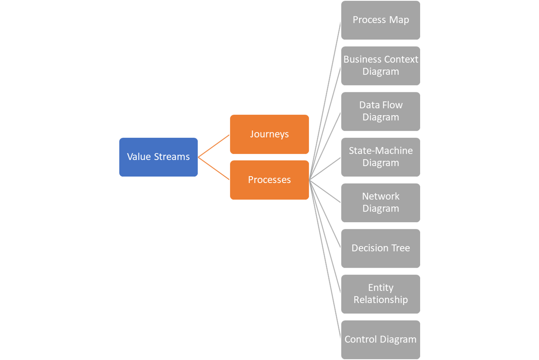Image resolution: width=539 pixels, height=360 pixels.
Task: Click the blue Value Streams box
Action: coord(158,157)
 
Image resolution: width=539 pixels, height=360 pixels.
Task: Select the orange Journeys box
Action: coord(269,134)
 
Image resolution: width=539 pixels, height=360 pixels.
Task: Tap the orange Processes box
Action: coord(269,180)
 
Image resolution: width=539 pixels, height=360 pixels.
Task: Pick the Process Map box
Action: coord(380,20)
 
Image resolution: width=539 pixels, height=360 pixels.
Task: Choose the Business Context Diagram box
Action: coord(380,66)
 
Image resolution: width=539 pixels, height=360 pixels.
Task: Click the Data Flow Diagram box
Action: coord(380,111)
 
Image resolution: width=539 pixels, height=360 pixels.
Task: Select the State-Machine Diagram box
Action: coord(380,157)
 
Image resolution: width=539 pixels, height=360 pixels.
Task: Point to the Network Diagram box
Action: coord(380,203)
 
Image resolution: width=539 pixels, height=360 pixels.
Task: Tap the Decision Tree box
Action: coord(380,248)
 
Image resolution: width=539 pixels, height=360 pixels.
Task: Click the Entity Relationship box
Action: coord(380,294)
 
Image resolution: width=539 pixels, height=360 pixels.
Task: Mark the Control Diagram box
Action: coord(380,339)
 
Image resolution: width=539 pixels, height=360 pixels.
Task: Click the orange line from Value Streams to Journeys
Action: coord(214,146)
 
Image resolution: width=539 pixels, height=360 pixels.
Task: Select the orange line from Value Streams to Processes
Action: coord(214,168)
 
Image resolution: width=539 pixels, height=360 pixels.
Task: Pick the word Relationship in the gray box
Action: coord(380,300)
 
